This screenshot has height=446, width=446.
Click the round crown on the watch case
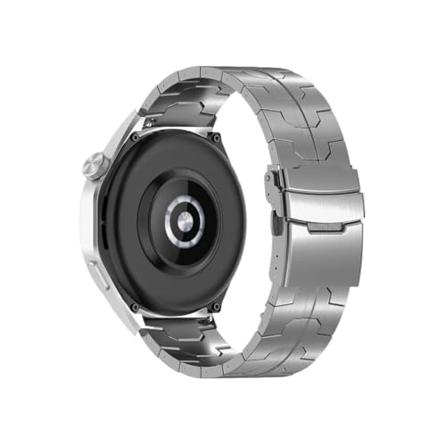(x=95, y=167)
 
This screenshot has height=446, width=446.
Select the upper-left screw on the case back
(x=134, y=140)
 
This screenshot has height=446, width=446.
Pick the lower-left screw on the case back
(x=135, y=305)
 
